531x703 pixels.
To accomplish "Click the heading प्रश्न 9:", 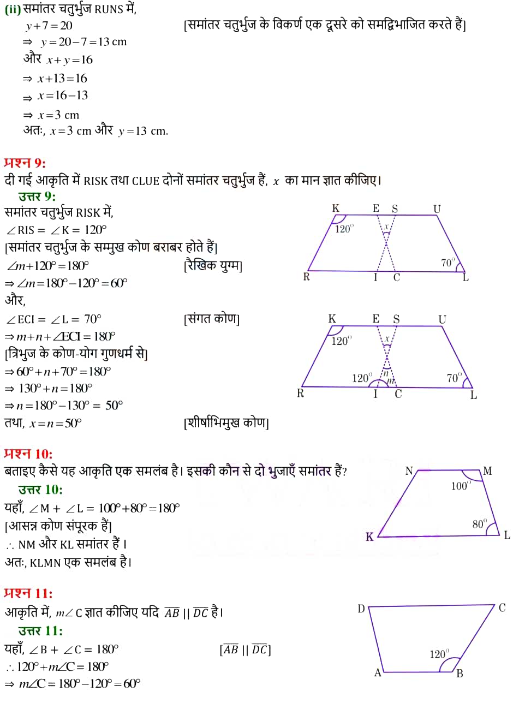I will [25, 163].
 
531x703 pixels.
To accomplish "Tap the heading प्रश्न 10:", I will [28, 454].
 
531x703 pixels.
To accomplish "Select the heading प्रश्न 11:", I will [28, 593].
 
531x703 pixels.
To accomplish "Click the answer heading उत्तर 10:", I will [40, 489].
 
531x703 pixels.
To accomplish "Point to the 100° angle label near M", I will [460, 486].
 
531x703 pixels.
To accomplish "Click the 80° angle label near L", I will [480, 524].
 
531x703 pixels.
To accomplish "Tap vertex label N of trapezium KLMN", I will [409, 470].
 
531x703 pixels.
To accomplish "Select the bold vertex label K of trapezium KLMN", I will [369, 537].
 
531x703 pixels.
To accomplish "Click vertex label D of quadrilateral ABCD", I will [361, 609].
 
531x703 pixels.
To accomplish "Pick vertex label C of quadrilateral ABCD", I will [502, 607].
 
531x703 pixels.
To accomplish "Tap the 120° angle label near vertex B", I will [439, 653].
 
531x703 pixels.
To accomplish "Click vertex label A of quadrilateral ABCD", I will [377, 673].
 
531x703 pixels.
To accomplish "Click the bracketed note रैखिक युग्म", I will [213, 266].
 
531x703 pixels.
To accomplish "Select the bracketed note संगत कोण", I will [212, 319].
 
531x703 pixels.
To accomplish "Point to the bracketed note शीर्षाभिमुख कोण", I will [226, 423].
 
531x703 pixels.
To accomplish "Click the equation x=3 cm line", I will [52, 115].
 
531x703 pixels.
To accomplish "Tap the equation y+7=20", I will [49, 26].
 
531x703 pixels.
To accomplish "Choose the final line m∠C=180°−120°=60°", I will [73, 684].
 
